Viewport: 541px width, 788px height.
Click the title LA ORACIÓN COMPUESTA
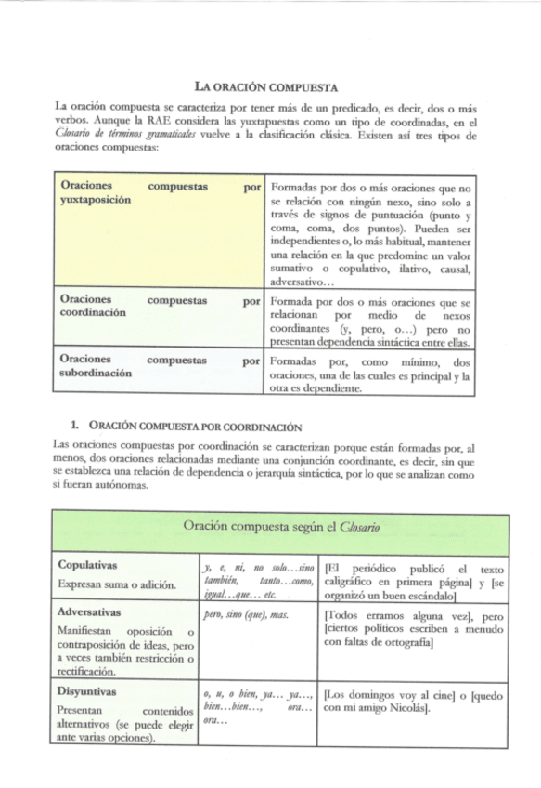(269, 89)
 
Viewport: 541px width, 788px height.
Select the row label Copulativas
(87, 565)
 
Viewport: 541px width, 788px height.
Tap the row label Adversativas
(89, 613)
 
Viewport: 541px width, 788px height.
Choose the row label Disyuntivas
(87, 692)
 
